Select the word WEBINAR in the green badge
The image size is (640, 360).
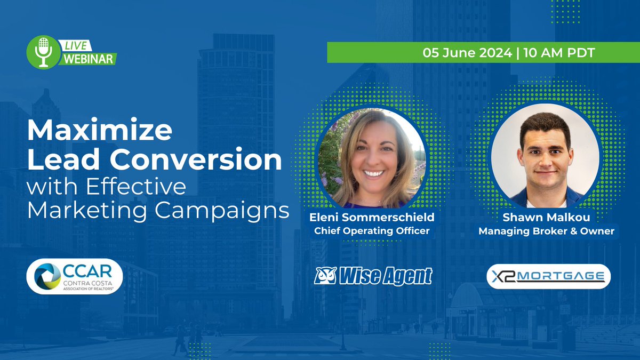click(x=89, y=59)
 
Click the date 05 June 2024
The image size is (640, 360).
click(x=467, y=52)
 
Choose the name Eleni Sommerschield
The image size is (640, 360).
click(x=372, y=218)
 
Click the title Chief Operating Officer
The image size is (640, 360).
click(x=372, y=231)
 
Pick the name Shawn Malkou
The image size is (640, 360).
click(x=546, y=218)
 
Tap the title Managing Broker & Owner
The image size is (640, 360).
click(x=546, y=231)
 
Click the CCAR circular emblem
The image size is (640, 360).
click(x=47, y=277)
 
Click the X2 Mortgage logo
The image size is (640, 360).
click(x=549, y=276)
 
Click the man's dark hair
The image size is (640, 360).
click(x=546, y=126)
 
